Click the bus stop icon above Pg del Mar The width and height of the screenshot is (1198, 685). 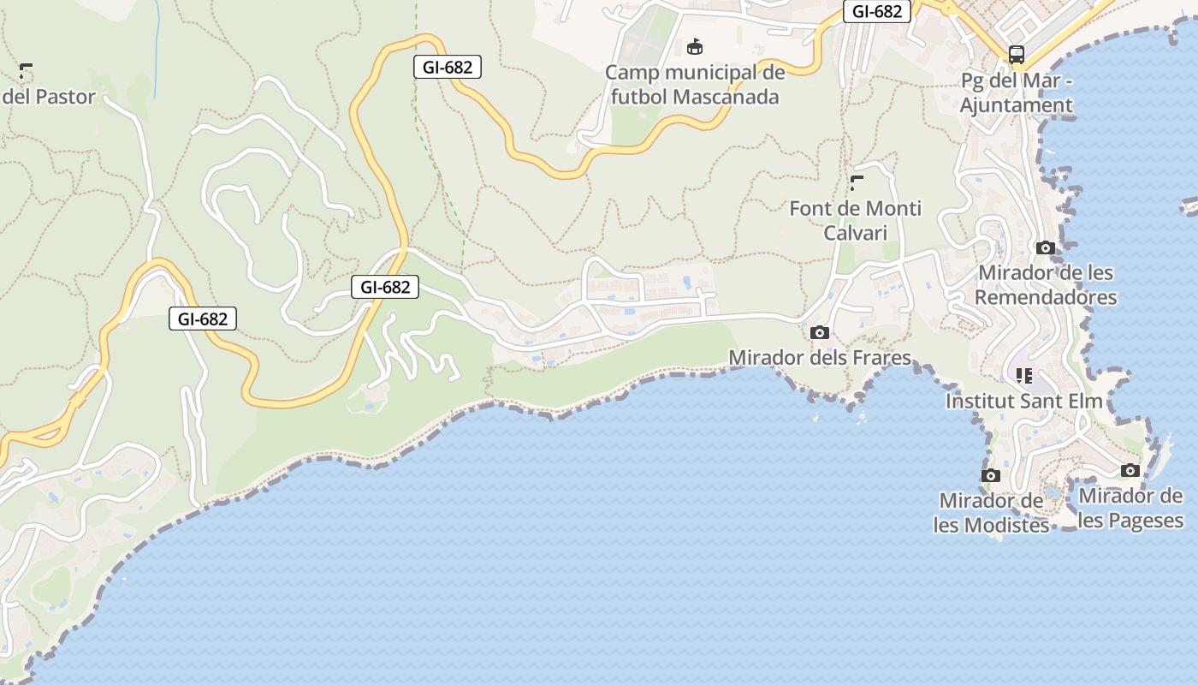[1017, 55]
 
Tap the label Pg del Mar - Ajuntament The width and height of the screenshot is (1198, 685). [1016, 93]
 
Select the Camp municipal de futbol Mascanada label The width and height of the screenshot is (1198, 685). [694, 84]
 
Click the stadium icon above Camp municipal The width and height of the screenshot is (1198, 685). [695, 46]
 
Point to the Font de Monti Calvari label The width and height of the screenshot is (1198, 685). [855, 220]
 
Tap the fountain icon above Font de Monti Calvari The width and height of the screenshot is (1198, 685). [857, 182]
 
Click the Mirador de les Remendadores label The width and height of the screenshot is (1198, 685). [1046, 284]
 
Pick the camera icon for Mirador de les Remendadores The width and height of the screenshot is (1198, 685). [1045, 248]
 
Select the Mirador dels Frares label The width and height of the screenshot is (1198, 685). [819, 357]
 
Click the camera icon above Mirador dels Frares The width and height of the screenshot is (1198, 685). [820, 332]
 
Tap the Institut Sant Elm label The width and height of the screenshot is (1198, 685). [1023, 401]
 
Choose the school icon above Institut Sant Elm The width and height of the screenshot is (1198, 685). [1024, 375]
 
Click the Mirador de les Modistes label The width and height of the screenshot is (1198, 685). [991, 512]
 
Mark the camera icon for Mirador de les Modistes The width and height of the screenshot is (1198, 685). [991, 475]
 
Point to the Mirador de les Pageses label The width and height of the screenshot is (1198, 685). [1130, 508]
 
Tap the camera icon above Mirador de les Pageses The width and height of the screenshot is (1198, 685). [1130, 470]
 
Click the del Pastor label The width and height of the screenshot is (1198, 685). [49, 97]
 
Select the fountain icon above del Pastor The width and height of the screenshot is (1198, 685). [27, 70]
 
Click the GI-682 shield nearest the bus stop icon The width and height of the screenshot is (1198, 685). [877, 11]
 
